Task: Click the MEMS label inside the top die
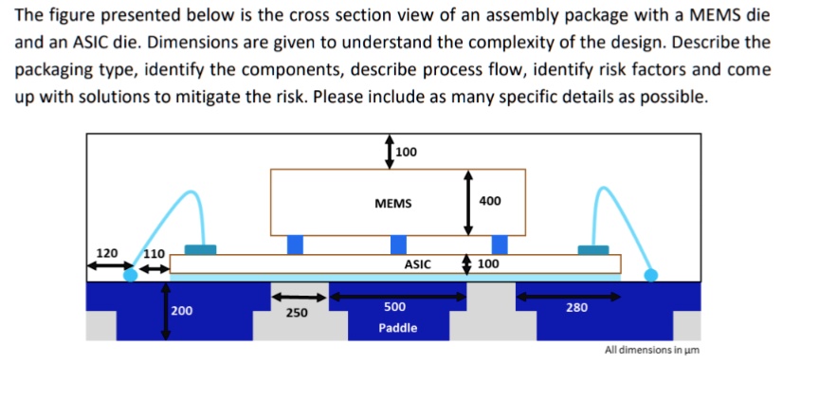coord(392,203)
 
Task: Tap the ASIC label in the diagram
coord(418,264)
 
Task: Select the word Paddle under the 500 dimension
coord(397,328)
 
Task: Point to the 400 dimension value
coord(490,201)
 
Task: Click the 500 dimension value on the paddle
coord(394,307)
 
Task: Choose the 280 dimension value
coord(576,307)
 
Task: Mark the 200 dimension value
coord(181,311)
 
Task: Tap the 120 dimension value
coord(108,254)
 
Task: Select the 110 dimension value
coord(154,254)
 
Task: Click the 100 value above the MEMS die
coord(406,152)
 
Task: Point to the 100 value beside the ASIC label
coord(487,264)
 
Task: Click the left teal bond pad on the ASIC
coord(200,249)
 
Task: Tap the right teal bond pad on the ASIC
coord(593,249)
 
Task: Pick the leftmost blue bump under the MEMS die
coord(295,245)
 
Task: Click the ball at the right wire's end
coord(650,275)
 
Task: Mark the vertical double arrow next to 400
coord(466,203)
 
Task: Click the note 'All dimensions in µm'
coord(651,350)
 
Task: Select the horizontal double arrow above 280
coord(569,296)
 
